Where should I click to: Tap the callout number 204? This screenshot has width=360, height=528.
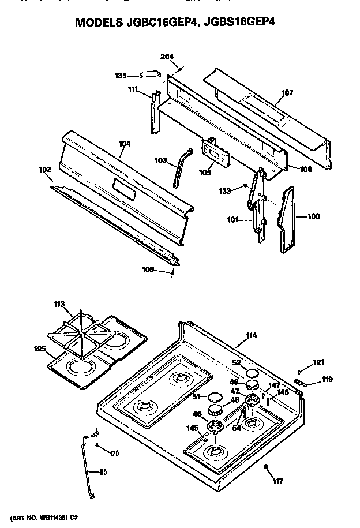tap(167, 56)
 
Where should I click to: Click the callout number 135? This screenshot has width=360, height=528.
tap(120, 75)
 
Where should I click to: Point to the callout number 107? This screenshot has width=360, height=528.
tap(287, 92)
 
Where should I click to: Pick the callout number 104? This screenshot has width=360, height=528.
tap(124, 143)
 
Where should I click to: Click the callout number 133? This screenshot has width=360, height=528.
tap(224, 190)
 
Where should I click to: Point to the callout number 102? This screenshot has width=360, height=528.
tap(44, 170)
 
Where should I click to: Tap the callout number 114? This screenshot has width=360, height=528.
tap(251, 336)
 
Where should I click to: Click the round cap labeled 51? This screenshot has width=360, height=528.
tap(215, 396)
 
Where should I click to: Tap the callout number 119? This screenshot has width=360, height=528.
tap(312, 380)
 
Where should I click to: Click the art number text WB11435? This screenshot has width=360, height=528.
tap(52, 518)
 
